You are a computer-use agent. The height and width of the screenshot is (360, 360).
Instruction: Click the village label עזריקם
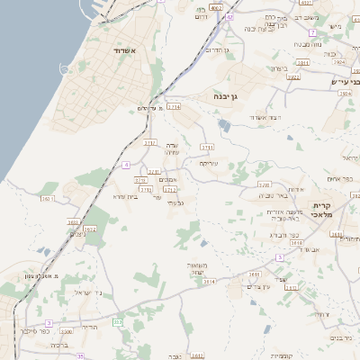point(209,164)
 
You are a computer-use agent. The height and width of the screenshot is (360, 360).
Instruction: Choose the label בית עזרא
point(126,196)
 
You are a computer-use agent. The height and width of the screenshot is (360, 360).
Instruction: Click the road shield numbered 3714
point(174,106)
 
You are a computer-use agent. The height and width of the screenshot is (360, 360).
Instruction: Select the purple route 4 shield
point(127,165)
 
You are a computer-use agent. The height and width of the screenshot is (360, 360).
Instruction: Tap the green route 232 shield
point(118,320)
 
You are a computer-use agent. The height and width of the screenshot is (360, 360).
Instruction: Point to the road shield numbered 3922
point(292,77)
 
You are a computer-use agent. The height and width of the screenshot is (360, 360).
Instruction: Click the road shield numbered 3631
point(255,274)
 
